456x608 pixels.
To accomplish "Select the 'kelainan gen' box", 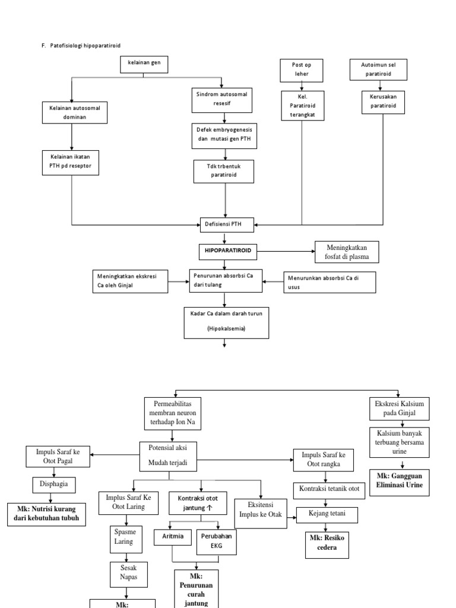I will (x=144, y=65).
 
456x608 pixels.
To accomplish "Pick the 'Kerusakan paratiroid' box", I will (x=384, y=102).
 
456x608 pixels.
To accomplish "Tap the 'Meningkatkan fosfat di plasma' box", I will (x=346, y=252).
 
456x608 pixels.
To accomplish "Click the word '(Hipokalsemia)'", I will (x=225, y=328).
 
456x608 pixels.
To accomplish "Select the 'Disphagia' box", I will (x=50, y=484).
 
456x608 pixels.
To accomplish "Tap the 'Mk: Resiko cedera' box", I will (x=327, y=543).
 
